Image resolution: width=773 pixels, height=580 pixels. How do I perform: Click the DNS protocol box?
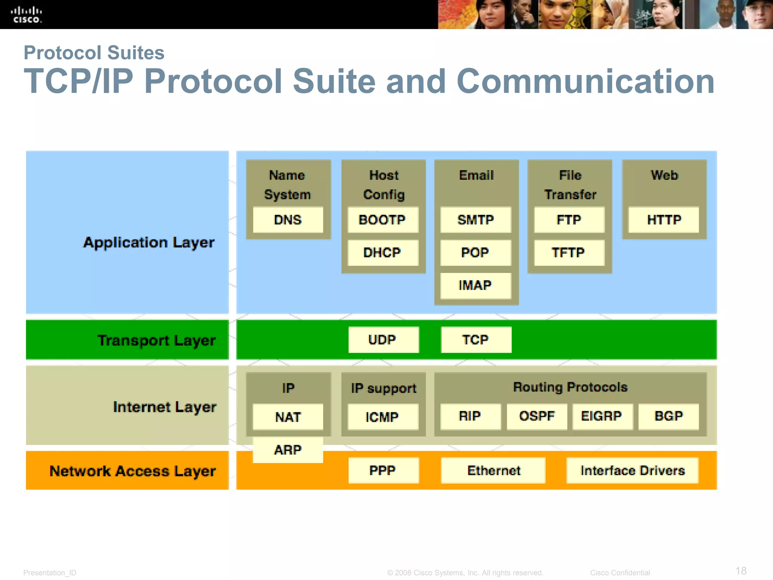click(288, 220)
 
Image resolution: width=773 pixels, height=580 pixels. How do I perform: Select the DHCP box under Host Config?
click(382, 252)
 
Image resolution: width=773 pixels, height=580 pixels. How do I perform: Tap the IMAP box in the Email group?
click(475, 285)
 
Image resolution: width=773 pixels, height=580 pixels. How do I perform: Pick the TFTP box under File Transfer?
click(569, 252)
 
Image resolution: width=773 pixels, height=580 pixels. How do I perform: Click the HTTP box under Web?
click(664, 220)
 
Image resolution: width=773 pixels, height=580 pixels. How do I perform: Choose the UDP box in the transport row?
click(383, 339)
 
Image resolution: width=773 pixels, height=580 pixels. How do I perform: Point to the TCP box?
click(476, 339)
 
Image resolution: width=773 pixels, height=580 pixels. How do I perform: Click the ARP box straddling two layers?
click(288, 450)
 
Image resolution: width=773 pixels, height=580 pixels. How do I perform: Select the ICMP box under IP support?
click(382, 417)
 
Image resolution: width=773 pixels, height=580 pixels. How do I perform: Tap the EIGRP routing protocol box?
click(602, 416)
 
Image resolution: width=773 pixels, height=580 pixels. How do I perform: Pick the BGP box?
click(668, 416)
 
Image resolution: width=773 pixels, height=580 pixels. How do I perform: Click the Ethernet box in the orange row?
click(493, 470)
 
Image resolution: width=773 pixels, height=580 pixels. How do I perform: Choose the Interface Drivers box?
click(632, 470)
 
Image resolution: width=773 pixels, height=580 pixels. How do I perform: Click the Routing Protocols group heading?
click(570, 387)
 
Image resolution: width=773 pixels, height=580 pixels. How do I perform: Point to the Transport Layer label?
click(156, 340)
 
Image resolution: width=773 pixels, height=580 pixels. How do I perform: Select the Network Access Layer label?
click(132, 471)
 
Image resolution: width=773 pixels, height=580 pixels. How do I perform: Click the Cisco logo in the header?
click(26, 15)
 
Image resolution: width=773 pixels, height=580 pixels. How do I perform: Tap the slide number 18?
click(741, 571)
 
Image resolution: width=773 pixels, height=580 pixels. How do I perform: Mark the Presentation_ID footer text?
click(50, 572)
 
